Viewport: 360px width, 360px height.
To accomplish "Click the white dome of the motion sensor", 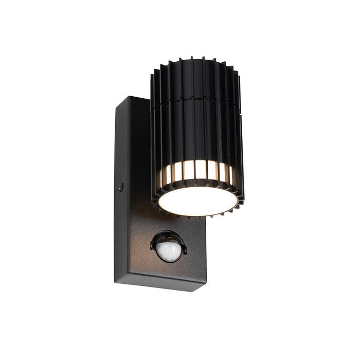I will (x=168, y=250).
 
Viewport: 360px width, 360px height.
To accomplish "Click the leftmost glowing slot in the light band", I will (x=166, y=177).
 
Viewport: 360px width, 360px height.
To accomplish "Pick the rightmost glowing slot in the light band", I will (x=232, y=176).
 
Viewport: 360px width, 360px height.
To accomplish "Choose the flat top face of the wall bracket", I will (x=135, y=101).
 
